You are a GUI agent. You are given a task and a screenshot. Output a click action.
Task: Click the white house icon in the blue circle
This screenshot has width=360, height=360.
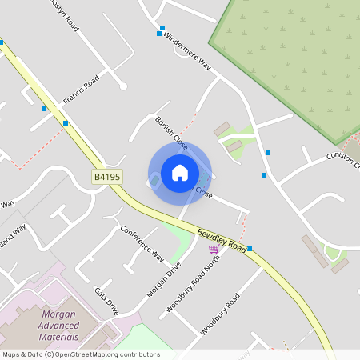coord(179,173)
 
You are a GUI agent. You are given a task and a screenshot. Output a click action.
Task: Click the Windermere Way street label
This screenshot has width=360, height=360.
coord(186,53)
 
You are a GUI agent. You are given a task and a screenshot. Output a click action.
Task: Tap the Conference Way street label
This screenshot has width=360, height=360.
coord(142,243)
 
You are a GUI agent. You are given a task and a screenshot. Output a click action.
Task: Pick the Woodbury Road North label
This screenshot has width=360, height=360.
coord(191,281)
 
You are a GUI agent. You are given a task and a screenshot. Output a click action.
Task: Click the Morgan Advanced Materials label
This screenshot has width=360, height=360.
coord(68,322)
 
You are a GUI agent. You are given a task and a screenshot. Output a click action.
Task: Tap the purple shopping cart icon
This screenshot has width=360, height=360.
coord(213,249)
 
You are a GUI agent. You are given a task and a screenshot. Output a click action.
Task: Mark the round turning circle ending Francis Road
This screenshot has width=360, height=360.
coord(123,86)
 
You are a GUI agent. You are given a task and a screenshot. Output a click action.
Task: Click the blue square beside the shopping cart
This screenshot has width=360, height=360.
coord(250,249)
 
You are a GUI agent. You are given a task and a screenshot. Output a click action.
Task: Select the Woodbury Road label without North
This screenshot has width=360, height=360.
coord(220,314)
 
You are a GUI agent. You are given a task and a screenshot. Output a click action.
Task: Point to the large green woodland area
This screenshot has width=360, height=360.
coord(296,64)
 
